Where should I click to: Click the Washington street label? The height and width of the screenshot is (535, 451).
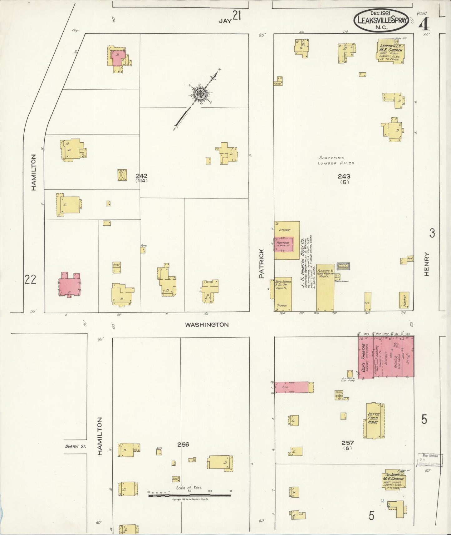coord(207,325)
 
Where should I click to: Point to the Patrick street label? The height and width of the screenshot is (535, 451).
coord(262,263)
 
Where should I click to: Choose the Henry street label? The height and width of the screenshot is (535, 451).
coord(427,264)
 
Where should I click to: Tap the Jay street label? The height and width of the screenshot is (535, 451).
coord(225,21)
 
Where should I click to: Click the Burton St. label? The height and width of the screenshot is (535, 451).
coord(75,446)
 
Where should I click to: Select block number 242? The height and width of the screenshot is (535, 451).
coord(141,176)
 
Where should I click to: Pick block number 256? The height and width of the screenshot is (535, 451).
coord(183,444)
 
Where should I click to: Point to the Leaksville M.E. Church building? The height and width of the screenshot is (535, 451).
coord(390,51)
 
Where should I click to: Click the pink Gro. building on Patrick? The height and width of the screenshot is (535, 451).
coord(291,387)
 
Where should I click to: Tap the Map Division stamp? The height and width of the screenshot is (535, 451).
coord(430,460)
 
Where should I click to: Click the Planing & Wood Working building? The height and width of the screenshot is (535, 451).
coord(325,287)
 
